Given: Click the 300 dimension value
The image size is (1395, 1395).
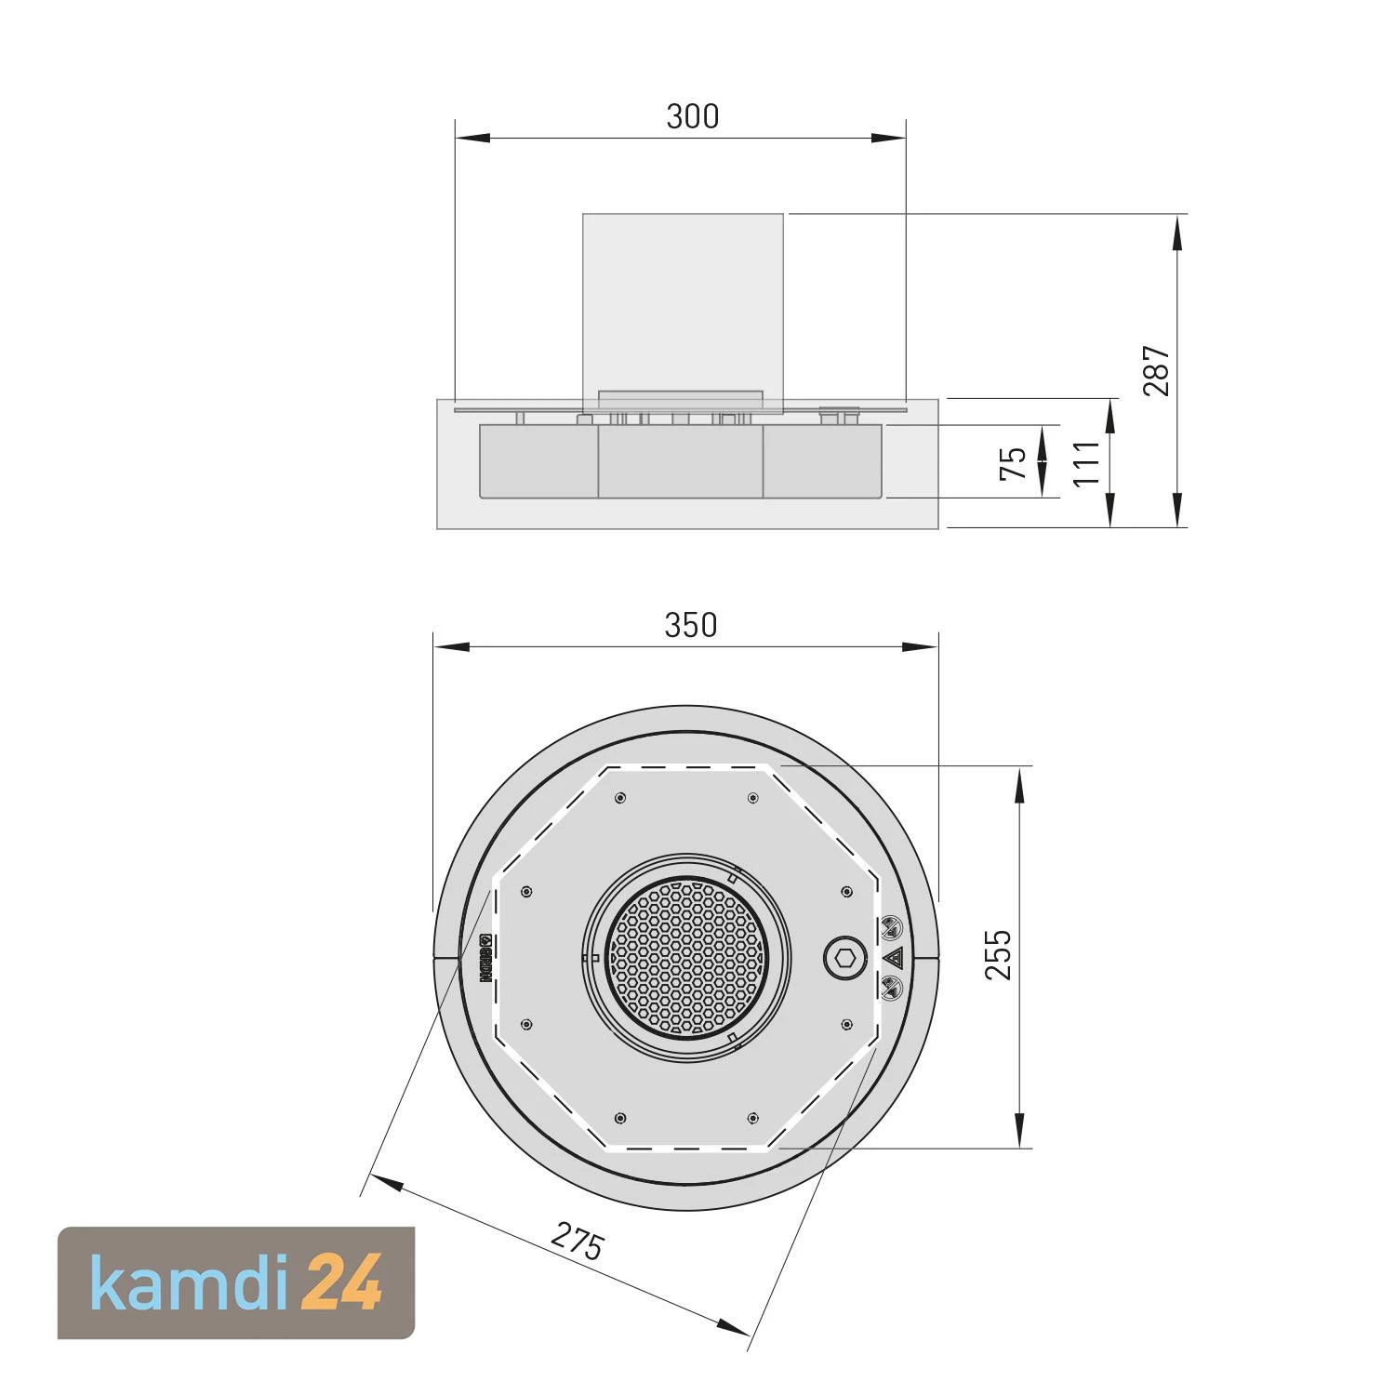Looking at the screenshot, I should (693, 116).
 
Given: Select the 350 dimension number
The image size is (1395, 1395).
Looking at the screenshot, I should (691, 626).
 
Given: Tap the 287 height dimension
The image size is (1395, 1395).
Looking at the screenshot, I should (1156, 371).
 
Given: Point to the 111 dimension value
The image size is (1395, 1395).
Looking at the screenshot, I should (1086, 463).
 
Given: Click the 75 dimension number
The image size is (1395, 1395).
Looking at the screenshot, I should (1013, 462).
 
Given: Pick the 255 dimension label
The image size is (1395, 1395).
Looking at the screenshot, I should (998, 954).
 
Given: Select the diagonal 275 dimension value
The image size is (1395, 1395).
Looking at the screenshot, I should (578, 1242).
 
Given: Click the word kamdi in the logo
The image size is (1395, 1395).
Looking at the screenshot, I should (192, 1282).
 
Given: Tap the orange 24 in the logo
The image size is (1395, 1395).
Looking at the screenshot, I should (343, 1282).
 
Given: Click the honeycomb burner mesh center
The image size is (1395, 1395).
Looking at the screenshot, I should (684, 956).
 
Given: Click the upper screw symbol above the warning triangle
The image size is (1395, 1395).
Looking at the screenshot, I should (892, 926).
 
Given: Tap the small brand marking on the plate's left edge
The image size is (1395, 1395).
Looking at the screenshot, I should (485, 959).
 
